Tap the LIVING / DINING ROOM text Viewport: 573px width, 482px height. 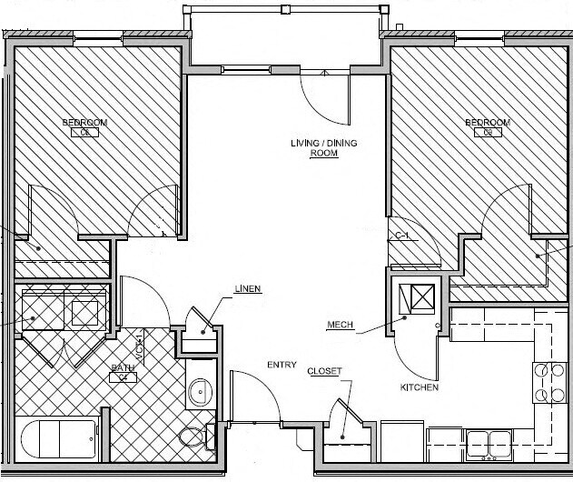pos(314,148)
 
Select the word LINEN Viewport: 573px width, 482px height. pos(247,289)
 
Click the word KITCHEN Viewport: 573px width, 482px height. pos(420,387)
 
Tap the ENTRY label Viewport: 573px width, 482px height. pos(282,365)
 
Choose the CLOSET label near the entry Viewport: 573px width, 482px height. pos(324,371)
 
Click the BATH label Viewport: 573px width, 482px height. pos(123,369)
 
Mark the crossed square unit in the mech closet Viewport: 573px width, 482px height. pos(420,298)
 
